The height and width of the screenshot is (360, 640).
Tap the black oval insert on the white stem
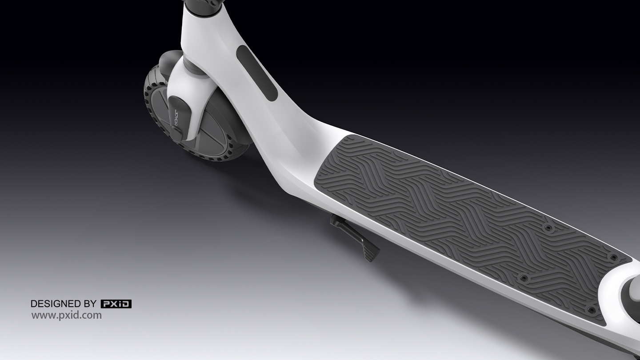(x=256, y=73)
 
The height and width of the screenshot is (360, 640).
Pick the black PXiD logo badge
(x=116, y=304)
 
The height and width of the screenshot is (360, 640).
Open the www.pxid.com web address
(x=66, y=316)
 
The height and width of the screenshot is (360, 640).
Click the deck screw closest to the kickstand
(x=523, y=278)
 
